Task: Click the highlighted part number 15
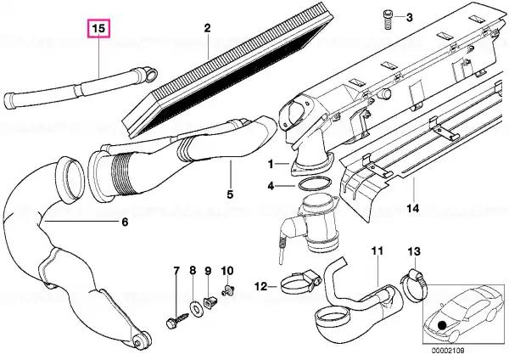click(99, 29)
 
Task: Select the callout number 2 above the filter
click(206, 29)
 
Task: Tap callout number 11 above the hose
click(378, 251)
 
